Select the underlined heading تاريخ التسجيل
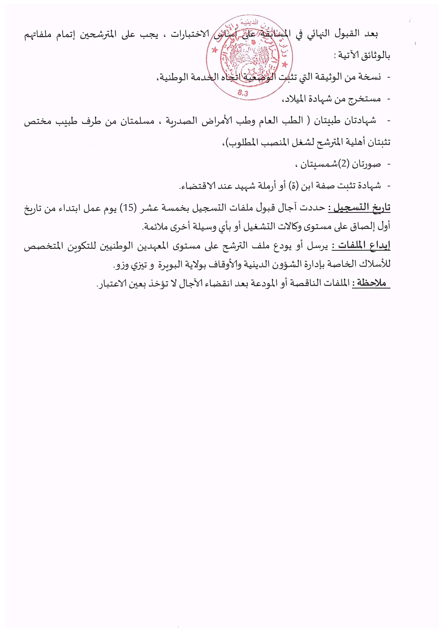coord(359,207)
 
